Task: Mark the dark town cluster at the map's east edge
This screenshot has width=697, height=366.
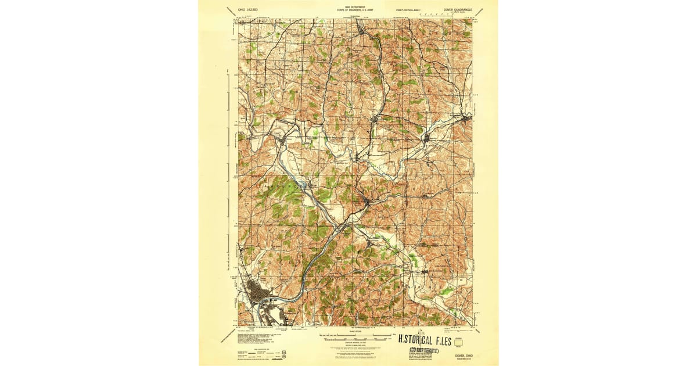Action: tap(466, 120)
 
